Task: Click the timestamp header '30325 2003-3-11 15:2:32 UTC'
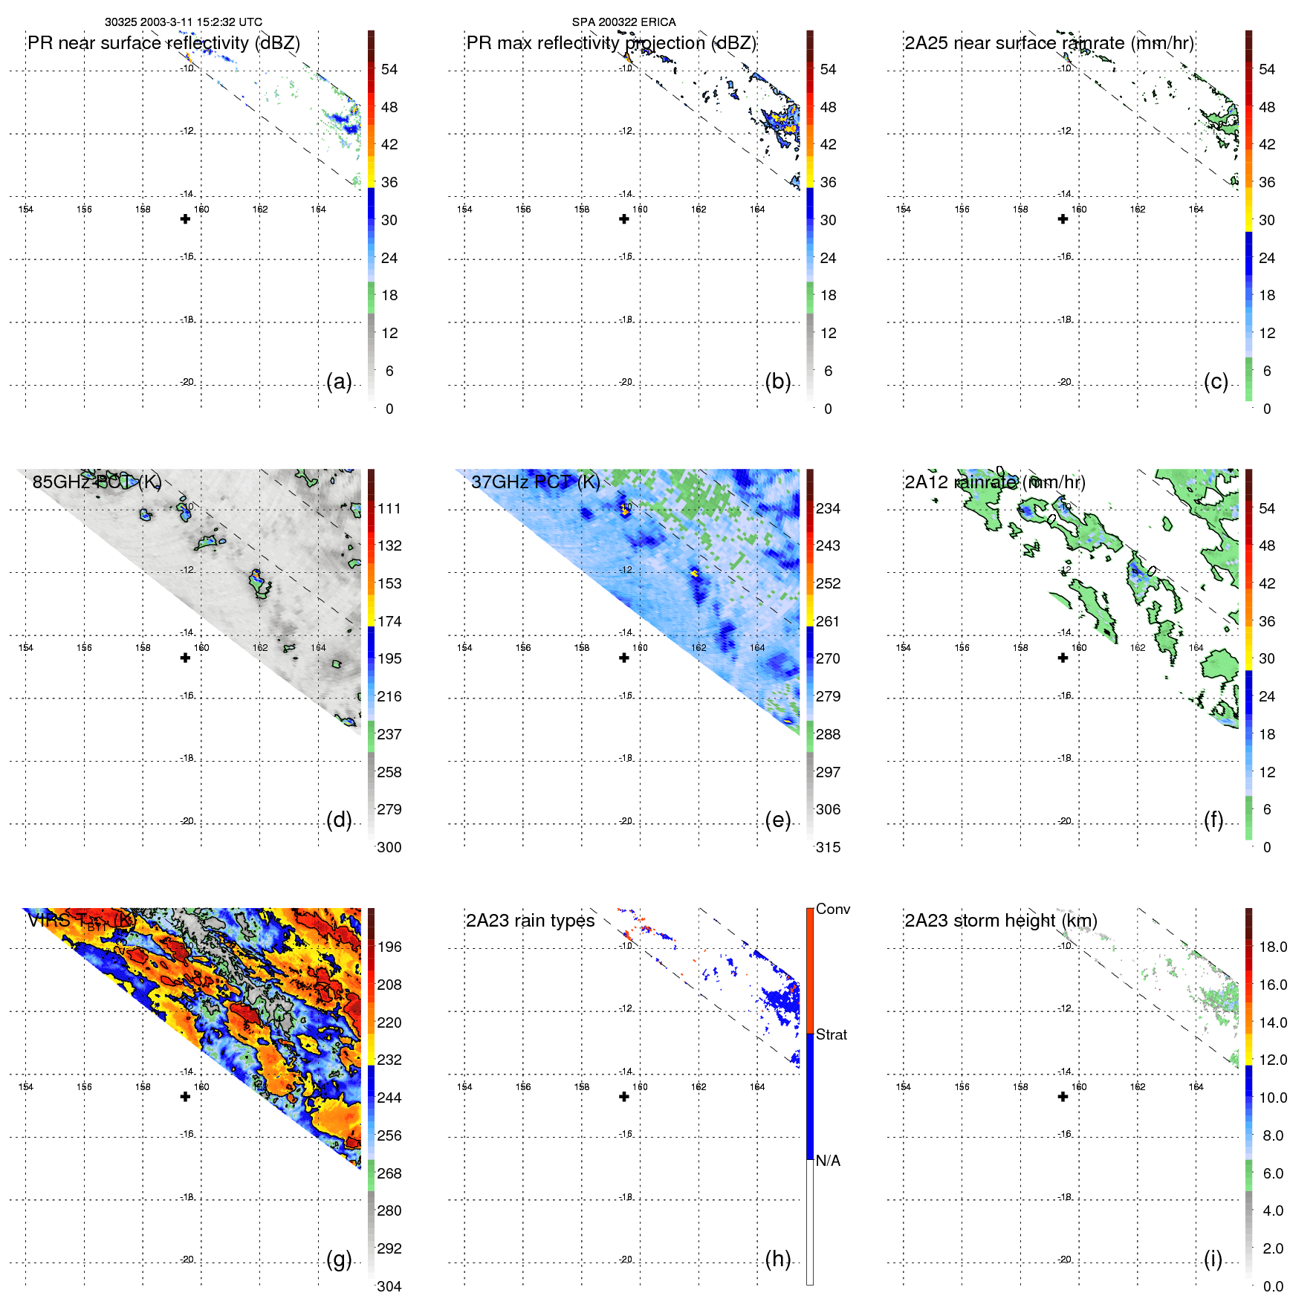coord(183,22)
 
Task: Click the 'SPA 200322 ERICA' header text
coord(623,22)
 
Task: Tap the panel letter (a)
coord(339,382)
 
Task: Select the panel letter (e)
coord(777,820)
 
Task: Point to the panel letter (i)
coord(1213,1259)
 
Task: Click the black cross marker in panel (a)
coord(185,219)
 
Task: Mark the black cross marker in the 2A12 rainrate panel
coord(1063,658)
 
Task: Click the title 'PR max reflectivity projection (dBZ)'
coord(611,43)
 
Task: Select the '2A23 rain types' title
coord(530,921)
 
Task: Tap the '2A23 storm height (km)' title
coord(1000,921)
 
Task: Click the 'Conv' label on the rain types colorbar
coord(832,909)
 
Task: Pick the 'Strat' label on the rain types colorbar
coord(831,1034)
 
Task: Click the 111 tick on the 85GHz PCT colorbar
coord(389,508)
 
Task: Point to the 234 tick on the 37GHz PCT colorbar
coord(828,508)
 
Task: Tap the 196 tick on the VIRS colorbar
coord(389,947)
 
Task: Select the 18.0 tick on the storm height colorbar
coord(1273,947)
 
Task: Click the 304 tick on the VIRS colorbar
coord(389,1286)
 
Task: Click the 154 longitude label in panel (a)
coord(26,210)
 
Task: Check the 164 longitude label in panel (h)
coord(757,1086)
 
